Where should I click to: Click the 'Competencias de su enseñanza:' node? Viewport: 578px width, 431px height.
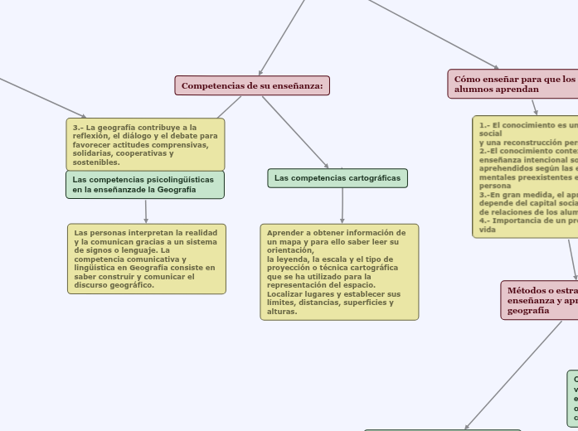252,85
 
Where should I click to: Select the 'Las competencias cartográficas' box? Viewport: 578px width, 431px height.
338,178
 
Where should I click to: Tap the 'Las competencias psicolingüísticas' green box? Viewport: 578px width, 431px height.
145,184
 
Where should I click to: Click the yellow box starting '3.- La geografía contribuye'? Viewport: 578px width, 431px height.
145,144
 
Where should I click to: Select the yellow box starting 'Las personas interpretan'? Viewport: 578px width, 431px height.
147,259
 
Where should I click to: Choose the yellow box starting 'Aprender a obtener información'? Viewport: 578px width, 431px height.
339,272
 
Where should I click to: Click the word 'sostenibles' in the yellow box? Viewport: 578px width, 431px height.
95,162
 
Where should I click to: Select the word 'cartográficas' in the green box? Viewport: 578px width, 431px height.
373,178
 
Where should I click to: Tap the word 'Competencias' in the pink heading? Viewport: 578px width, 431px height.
209,85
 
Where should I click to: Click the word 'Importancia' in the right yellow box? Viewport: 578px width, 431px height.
512,220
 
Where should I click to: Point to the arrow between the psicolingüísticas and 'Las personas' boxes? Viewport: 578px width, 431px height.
146,211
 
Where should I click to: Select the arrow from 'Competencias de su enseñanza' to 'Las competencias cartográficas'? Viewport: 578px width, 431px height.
294,132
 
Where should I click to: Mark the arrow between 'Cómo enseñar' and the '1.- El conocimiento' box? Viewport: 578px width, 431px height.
534,108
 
